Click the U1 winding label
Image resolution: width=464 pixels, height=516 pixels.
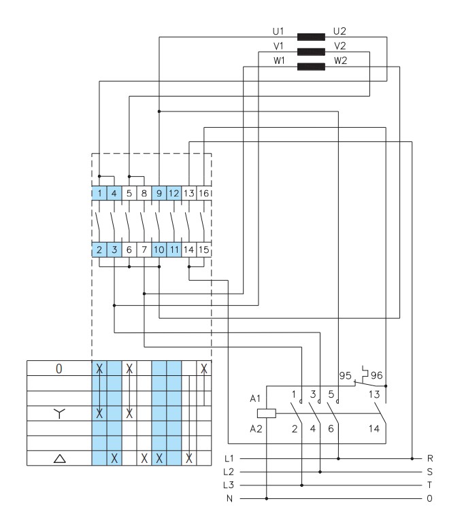[x=278, y=31]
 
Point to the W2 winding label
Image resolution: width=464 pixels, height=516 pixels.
[x=340, y=61]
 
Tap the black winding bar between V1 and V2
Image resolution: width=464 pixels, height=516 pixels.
[x=311, y=52]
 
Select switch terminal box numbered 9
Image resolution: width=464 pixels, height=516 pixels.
[x=159, y=193]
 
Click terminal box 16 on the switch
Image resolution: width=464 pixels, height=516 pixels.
[x=204, y=193]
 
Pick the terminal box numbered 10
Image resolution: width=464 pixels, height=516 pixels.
[x=159, y=250]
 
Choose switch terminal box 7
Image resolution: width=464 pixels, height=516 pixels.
[x=144, y=250]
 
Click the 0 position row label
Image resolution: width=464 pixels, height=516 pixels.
[x=59, y=369]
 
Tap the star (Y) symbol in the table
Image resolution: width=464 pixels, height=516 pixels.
[x=59, y=413]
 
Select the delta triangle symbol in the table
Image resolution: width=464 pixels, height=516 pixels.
[x=59, y=458]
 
